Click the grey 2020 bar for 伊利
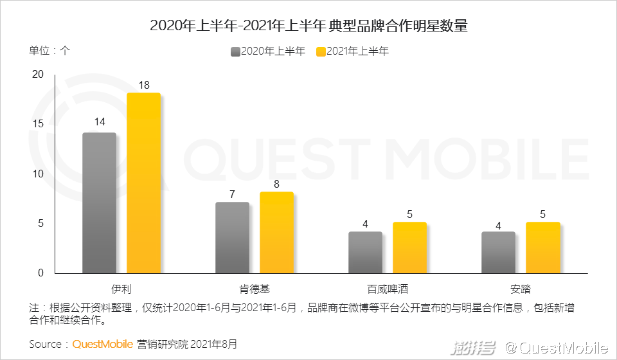tap(99, 203)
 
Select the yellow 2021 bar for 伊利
tap(143, 183)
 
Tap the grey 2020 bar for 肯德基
tap(232, 238)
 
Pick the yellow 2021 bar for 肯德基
tap(276, 233)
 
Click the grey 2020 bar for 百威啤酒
tap(365, 253)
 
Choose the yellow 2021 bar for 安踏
tap(542, 248)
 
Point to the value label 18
tap(143, 85)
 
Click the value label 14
tap(99, 122)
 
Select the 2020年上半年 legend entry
tap(268, 51)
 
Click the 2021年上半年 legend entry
tap(353, 51)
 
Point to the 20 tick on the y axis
tap(38, 75)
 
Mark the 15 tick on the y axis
tap(38, 124)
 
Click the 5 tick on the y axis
tap(40, 224)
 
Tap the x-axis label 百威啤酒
tap(388, 288)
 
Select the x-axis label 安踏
tap(520, 288)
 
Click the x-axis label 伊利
tap(121, 288)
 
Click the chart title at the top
tap(308, 26)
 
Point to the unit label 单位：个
tap(49, 51)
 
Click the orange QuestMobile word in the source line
tap(102, 344)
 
